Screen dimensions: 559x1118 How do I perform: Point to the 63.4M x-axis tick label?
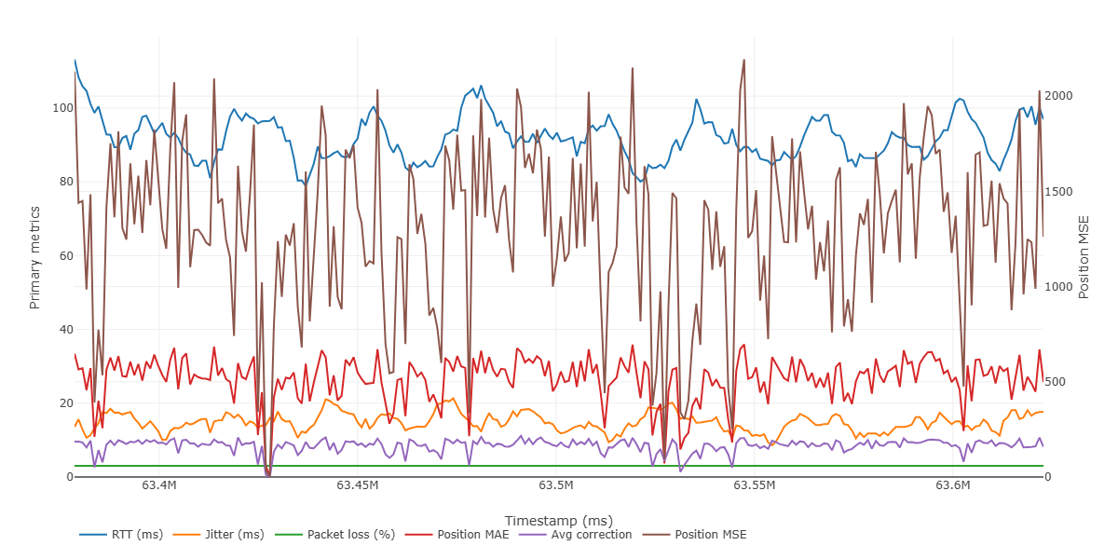click(159, 485)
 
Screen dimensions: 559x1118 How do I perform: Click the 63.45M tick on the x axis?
click(358, 485)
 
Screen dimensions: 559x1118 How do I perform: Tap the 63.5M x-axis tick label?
click(556, 485)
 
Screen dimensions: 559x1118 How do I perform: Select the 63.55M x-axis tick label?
click(755, 485)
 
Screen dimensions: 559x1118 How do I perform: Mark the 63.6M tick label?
click(953, 485)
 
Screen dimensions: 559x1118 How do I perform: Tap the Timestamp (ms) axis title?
click(558, 520)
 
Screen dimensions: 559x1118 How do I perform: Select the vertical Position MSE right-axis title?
click(1084, 257)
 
